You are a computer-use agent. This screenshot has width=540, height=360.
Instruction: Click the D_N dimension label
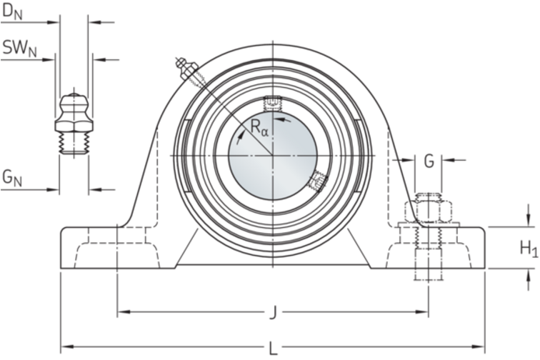12,12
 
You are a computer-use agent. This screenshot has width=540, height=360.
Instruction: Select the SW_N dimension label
19,48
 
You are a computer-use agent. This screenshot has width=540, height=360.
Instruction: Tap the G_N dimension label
12,178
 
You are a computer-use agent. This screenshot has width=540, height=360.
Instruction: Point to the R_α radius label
259,127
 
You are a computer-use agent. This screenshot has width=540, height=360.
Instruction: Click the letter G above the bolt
429,161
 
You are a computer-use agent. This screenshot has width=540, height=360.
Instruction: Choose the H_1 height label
529,249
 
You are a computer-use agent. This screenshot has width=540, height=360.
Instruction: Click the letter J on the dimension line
273,312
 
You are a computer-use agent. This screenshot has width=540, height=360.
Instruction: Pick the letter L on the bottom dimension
273,349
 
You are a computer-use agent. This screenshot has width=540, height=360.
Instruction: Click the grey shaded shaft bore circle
273,156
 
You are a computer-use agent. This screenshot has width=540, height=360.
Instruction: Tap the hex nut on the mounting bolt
429,211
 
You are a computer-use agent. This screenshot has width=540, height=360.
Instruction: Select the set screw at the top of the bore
273,104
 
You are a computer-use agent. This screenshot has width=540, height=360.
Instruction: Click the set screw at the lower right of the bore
319,182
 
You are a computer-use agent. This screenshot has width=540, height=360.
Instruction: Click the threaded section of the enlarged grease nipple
74,144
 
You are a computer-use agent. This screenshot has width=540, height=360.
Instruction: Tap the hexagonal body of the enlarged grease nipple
74,126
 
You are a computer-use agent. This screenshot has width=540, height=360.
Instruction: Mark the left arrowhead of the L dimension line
67,346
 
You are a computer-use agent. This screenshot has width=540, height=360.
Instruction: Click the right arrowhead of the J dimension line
421,312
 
